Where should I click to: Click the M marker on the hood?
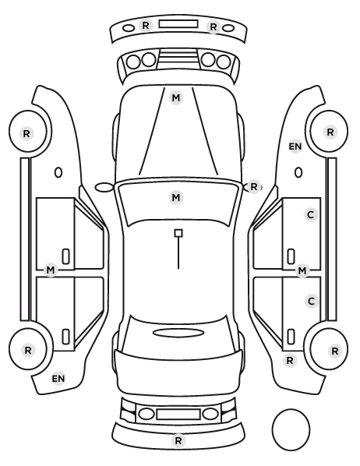click(x=175, y=97)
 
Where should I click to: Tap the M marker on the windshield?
click(x=175, y=197)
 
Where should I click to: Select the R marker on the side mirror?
click(x=253, y=187)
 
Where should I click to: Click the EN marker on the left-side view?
click(x=58, y=379)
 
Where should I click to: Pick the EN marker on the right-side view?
click(x=295, y=147)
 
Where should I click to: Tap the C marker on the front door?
click(x=311, y=214)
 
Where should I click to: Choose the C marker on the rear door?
click(x=312, y=302)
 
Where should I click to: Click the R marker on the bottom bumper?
click(x=178, y=440)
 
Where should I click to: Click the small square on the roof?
click(x=178, y=233)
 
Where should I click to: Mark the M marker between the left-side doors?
click(x=51, y=270)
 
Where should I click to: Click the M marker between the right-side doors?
click(x=302, y=270)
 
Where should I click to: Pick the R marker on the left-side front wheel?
click(x=26, y=133)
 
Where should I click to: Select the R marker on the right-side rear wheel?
click(x=335, y=351)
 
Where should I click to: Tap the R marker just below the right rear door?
click(x=290, y=361)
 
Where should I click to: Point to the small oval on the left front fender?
click(x=58, y=173)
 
